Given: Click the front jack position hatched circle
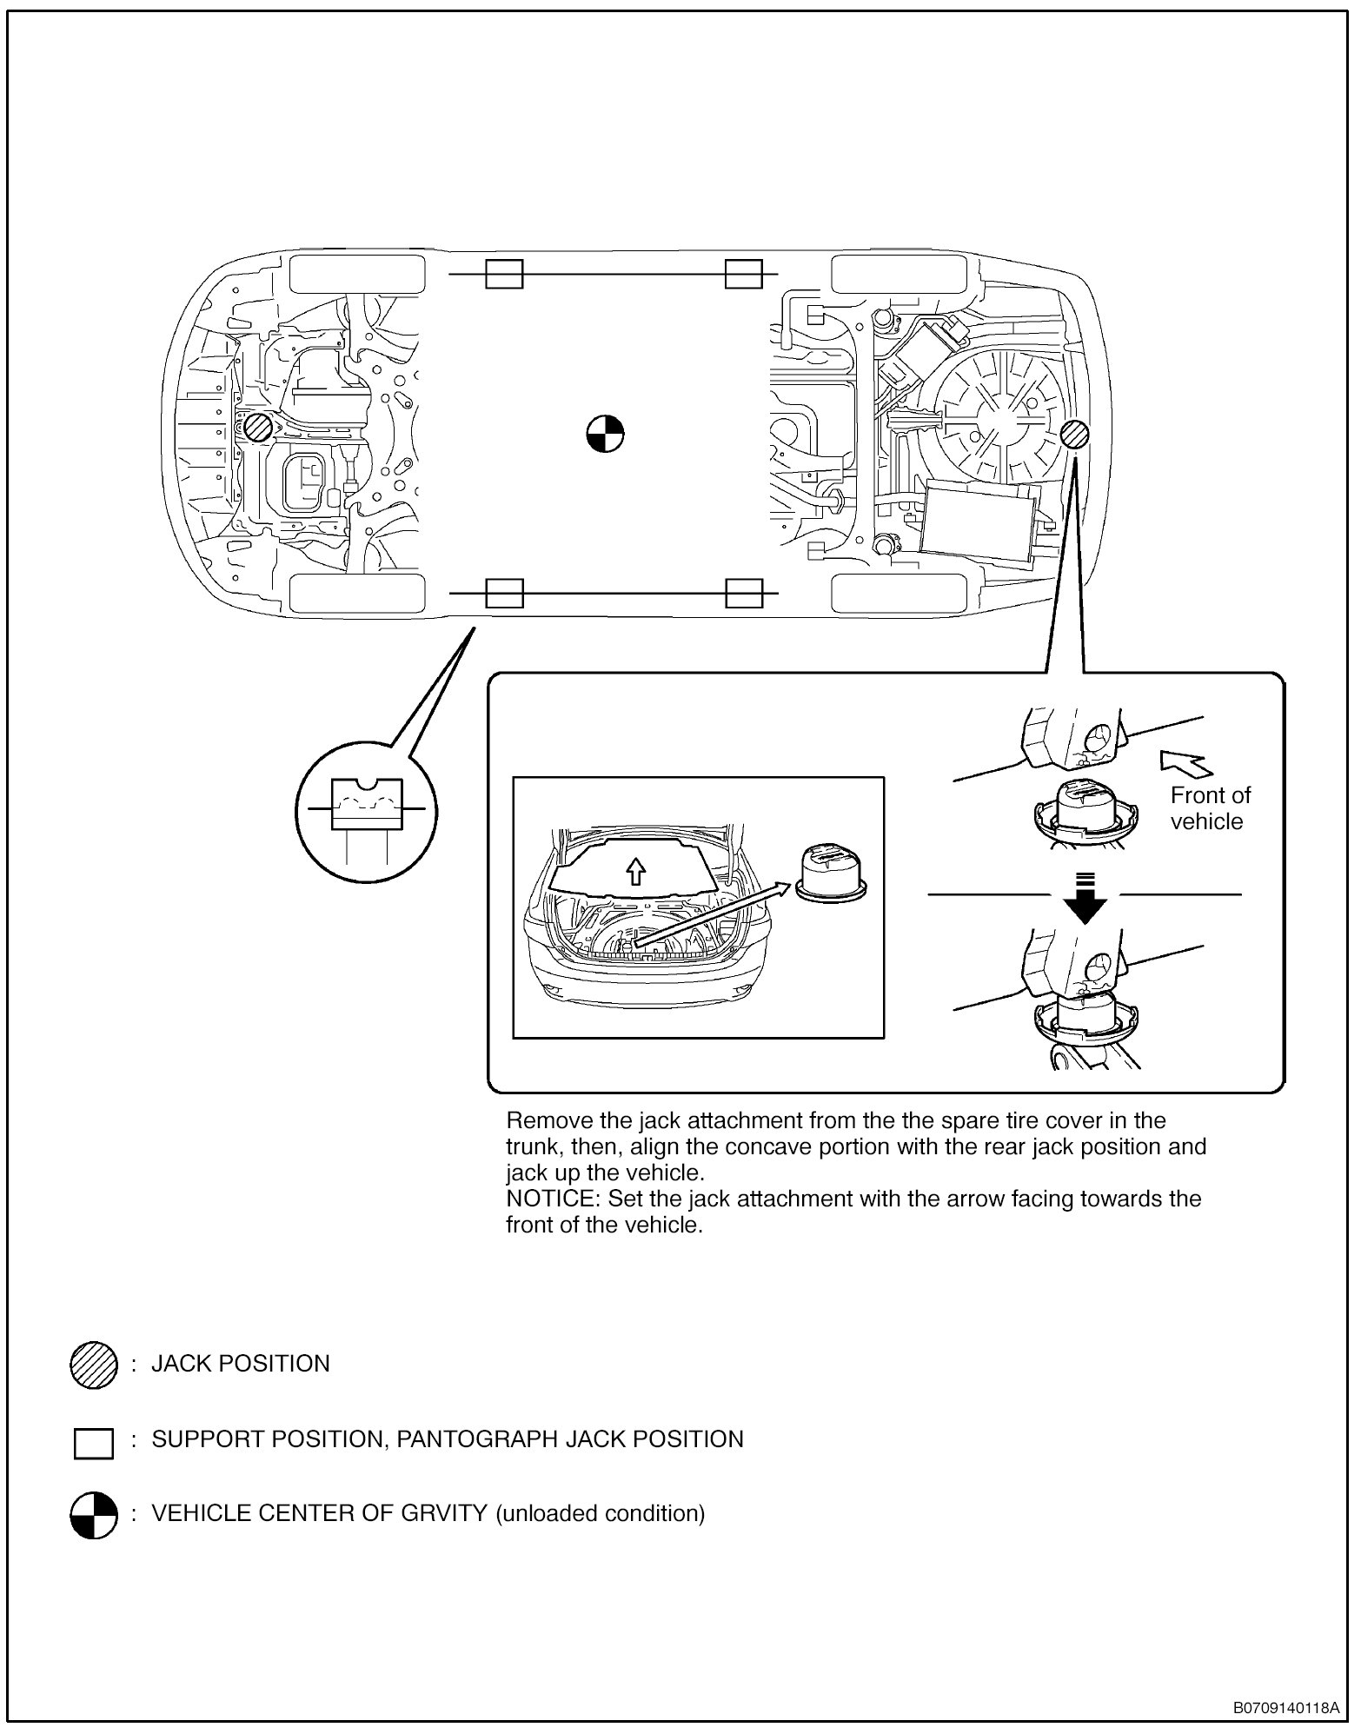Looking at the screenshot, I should [257, 428].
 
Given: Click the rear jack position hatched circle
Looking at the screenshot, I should [1075, 434].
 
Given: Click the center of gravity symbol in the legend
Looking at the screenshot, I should [93, 1515].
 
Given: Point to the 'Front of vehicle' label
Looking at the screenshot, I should [1210, 808].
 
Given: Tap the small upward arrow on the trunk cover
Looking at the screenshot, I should [636, 872].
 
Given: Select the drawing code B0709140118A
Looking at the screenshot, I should [1285, 1708].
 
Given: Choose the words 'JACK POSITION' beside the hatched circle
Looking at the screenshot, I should [241, 1364].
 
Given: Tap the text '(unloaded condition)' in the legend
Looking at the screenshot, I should [600, 1513].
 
